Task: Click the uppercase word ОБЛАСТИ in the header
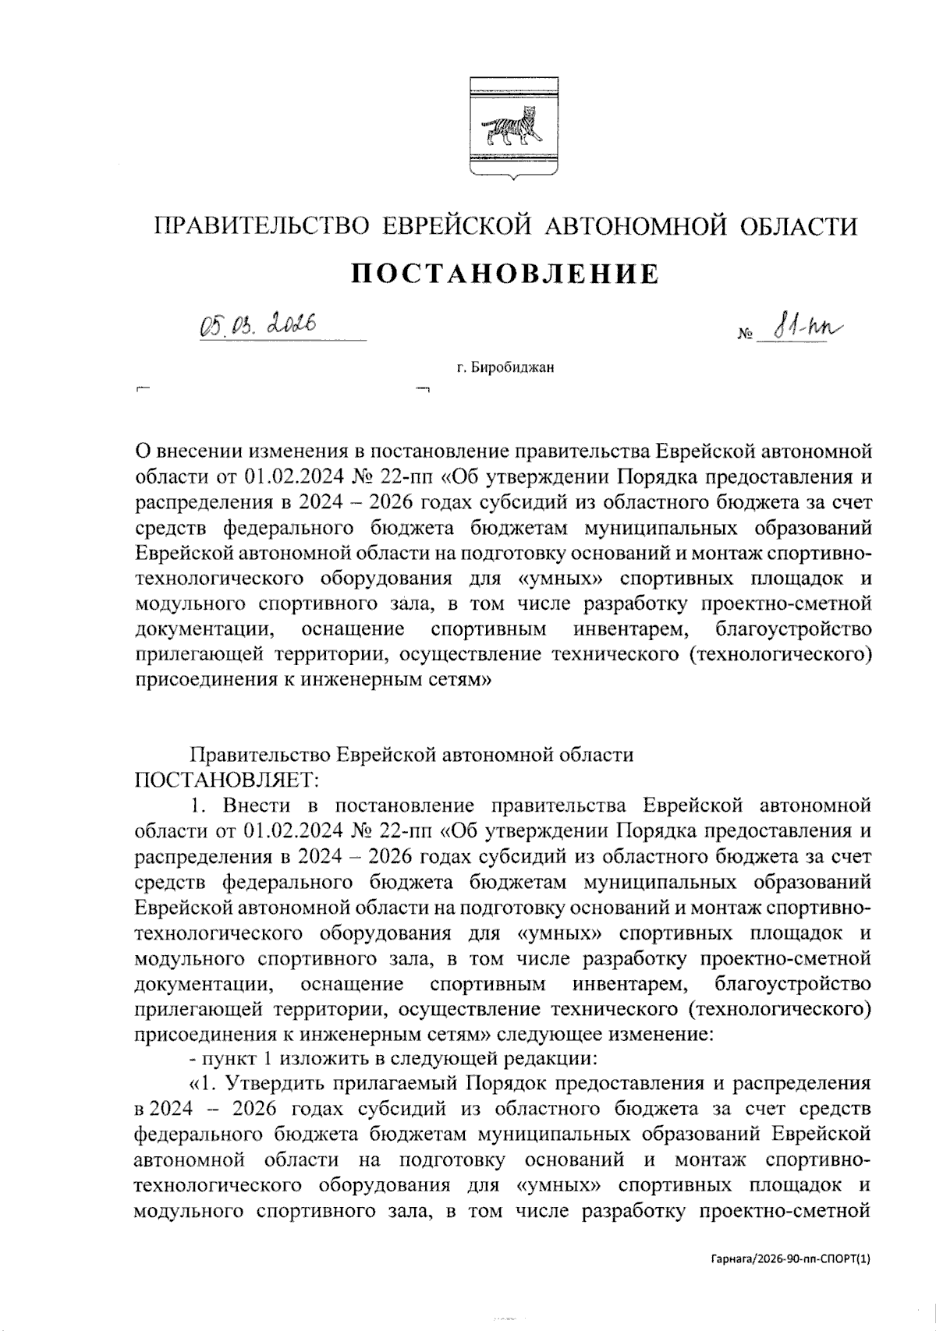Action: (796, 227)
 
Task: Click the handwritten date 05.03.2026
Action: (257, 323)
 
